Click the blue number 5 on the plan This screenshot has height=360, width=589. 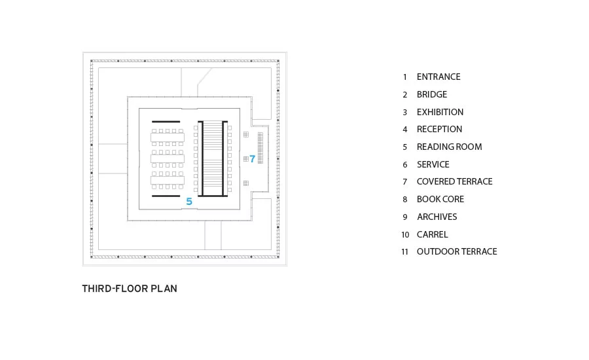(x=189, y=202)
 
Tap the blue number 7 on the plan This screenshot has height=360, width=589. (x=253, y=159)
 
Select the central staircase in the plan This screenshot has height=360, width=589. (x=213, y=158)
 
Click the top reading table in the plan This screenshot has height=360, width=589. (x=168, y=137)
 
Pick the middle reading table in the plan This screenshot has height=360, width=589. (x=168, y=158)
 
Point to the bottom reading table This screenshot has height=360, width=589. (x=168, y=180)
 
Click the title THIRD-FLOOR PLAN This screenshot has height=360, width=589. (x=130, y=289)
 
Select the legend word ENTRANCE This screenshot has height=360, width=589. (x=438, y=77)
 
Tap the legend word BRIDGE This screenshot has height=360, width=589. (x=432, y=94)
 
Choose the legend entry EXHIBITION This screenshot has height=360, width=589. (x=440, y=112)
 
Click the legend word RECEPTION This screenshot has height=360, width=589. (x=440, y=129)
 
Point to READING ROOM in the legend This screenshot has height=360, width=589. (x=449, y=147)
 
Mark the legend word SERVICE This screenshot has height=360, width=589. (x=433, y=164)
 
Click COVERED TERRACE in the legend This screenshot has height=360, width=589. (x=455, y=181)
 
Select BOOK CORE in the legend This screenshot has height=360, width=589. (x=440, y=199)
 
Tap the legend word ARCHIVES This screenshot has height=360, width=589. (x=437, y=217)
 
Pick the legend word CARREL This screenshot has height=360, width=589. (x=433, y=234)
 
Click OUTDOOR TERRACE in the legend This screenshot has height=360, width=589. (x=457, y=251)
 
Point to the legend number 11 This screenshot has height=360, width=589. (x=404, y=252)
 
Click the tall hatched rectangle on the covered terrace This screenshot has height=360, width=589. (x=260, y=148)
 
